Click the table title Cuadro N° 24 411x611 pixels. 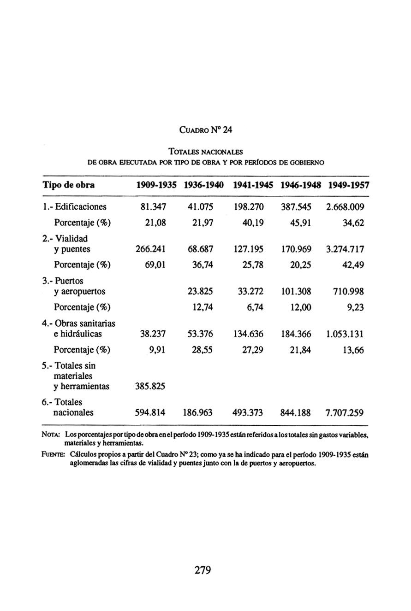(x=205, y=130)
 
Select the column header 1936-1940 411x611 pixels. (x=203, y=185)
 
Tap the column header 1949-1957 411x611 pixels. (x=349, y=185)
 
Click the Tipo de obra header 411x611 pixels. (x=69, y=185)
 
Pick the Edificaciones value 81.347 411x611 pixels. (x=154, y=207)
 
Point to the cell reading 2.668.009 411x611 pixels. (x=345, y=207)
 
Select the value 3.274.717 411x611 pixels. (x=345, y=249)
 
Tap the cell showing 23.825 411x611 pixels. (x=200, y=292)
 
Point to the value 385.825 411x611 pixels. (x=150, y=386)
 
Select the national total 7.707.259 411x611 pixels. (x=345, y=413)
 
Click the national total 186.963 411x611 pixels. (x=197, y=413)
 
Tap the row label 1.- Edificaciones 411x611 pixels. (x=74, y=207)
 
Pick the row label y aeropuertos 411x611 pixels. (x=80, y=292)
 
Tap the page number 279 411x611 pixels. (x=203, y=570)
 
